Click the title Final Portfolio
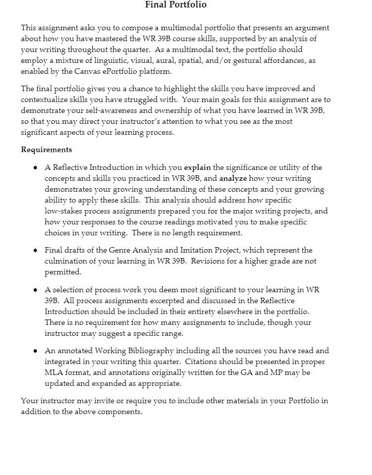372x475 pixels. tap(176, 5)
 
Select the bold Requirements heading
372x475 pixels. tap(46, 150)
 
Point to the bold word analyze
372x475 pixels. tap(232, 178)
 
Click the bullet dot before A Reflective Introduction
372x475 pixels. tap(36, 168)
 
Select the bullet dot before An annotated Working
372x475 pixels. tap(36, 351)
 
